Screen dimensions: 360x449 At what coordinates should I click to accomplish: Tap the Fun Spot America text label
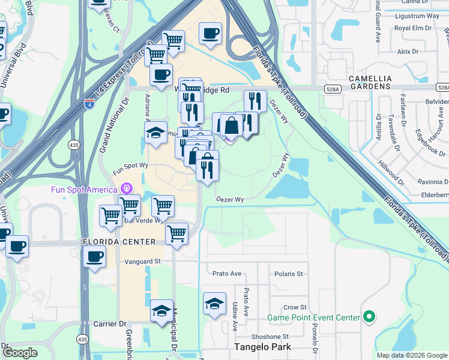click(83, 190)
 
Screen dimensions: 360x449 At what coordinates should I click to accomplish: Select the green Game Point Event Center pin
click(369, 316)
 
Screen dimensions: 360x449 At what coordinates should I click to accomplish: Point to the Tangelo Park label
click(262, 347)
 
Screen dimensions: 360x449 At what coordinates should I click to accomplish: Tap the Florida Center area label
click(119, 241)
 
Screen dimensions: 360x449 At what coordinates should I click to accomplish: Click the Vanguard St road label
click(143, 261)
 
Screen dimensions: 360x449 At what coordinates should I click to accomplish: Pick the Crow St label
click(295, 307)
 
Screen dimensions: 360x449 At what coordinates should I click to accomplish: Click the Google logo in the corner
click(20, 353)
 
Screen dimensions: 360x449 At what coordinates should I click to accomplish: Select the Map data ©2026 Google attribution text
click(411, 355)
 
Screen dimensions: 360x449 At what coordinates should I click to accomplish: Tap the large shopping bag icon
click(231, 125)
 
